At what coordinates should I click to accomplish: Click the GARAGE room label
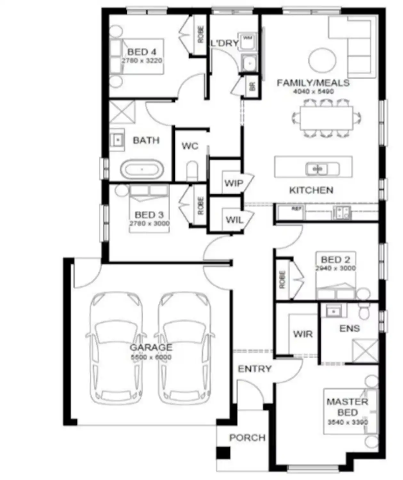tap(151, 347)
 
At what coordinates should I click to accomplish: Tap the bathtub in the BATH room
tap(142, 169)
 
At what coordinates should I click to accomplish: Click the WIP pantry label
tap(233, 183)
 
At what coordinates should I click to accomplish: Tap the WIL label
tap(234, 220)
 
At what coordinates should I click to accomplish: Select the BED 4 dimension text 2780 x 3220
tap(141, 60)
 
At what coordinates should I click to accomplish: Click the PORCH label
tap(247, 437)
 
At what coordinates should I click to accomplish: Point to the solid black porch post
tap(223, 453)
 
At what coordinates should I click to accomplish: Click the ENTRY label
tap(254, 369)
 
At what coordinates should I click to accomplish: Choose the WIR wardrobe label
tap(302, 334)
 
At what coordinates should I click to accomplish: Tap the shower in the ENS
tap(365, 351)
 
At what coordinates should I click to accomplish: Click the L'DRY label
tap(224, 43)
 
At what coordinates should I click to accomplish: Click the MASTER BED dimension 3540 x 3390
tap(348, 422)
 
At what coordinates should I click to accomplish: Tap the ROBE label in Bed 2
tap(282, 280)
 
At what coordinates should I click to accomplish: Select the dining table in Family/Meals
tap(326, 118)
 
